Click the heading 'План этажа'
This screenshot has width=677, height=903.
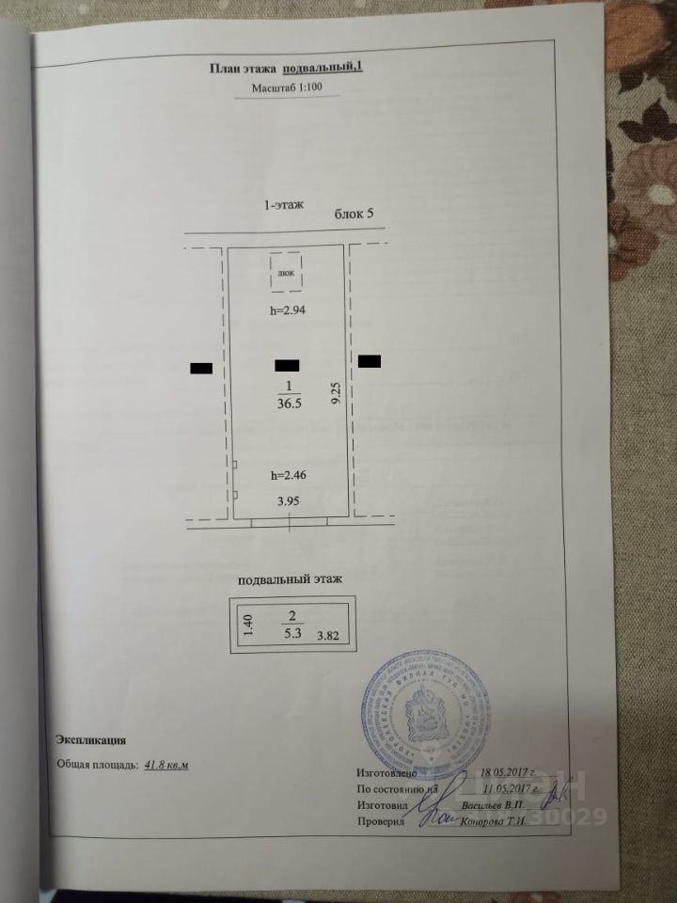point(238,67)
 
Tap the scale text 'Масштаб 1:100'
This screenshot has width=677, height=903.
point(286,90)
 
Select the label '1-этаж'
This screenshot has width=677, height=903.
point(285,204)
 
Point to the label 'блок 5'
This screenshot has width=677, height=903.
point(354,214)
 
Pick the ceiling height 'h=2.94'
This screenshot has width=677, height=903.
point(288,309)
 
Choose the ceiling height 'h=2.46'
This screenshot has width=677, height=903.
point(288,475)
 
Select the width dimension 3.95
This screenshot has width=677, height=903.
point(288,501)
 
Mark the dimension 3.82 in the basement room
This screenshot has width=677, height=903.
point(330,637)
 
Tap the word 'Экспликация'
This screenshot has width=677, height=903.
point(91,740)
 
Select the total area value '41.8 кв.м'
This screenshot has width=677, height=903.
point(166,765)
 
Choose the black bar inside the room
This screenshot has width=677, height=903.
point(286,364)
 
